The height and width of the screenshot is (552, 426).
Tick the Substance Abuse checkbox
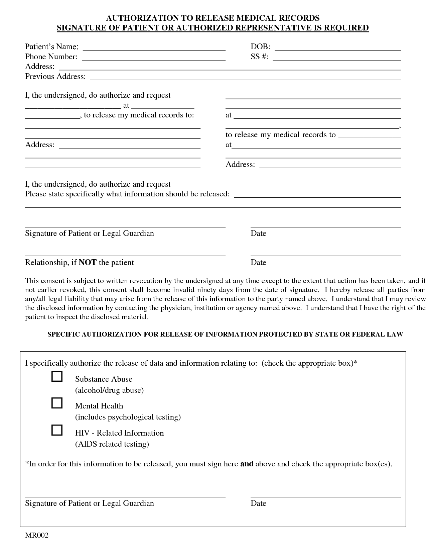(57, 376)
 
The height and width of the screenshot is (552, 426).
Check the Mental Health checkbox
(57, 403)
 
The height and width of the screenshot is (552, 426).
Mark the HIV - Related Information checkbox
(57, 430)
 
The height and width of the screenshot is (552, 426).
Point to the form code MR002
(37, 536)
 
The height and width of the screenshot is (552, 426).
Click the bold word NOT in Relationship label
(88, 262)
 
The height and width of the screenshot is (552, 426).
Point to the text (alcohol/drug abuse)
(109, 390)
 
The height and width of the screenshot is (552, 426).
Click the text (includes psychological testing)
(128, 417)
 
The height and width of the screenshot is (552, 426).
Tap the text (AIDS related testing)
(112, 444)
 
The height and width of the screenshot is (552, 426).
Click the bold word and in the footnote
(247, 464)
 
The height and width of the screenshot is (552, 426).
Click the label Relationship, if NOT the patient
(79, 262)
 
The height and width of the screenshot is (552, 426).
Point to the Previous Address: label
(55, 77)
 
